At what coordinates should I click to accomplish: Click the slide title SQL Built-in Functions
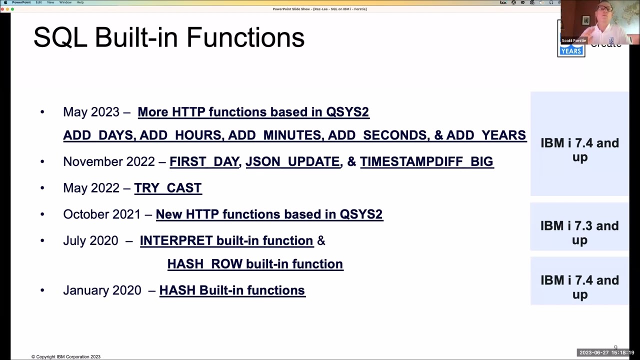pyautogui.click(x=169, y=37)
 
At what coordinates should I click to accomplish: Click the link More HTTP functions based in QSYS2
pyautogui.click(x=253, y=112)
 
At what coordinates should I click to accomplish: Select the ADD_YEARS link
pyautogui.click(x=485, y=135)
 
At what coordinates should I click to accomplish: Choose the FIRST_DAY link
pyautogui.click(x=204, y=161)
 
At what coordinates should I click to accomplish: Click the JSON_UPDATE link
pyautogui.click(x=292, y=161)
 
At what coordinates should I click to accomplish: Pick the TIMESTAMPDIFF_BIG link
pyautogui.click(x=426, y=161)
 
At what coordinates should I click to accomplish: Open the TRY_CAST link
pyautogui.click(x=167, y=188)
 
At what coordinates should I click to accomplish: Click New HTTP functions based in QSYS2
pyautogui.click(x=269, y=214)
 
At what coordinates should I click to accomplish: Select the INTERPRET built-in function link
pyautogui.click(x=226, y=241)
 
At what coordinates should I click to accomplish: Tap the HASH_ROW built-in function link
pyautogui.click(x=255, y=264)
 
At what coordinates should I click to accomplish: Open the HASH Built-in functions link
pyautogui.click(x=232, y=290)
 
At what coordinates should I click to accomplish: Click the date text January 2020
pyautogui.click(x=102, y=290)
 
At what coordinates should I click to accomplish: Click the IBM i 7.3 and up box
pyautogui.click(x=579, y=232)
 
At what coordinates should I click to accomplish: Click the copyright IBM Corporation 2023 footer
pyautogui.click(x=66, y=356)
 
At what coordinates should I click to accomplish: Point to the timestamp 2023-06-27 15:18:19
pyautogui.click(x=606, y=353)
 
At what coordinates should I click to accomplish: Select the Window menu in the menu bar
pyautogui.click(x=65, y=2)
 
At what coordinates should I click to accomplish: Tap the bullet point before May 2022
pyautogui.click(x=42, y=188)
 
